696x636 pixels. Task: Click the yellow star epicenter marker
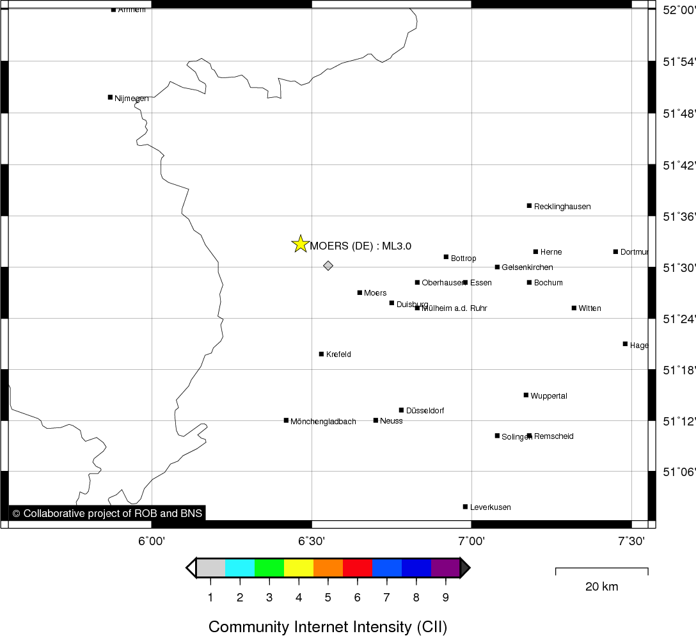pos(300,244)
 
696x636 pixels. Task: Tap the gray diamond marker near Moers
pos(328,266)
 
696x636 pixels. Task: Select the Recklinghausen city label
pos(562,207)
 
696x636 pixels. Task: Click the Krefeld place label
pos(338,354)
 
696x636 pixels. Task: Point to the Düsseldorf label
pos(425,411)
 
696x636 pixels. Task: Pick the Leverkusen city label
pos(490,507)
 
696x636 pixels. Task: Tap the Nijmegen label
pos(132,99)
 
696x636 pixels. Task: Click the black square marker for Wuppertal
pos(526,395)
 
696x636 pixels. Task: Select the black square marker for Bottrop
pos(446,257)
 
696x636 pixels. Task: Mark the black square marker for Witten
pos(574,308)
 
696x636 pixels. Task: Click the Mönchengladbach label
pos(323,422)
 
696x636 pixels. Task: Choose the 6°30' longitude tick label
pos(312,541)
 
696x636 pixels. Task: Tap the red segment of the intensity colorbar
pos(358,568)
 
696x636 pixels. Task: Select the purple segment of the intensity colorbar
pos(445,568)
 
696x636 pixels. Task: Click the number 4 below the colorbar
pos(299,598)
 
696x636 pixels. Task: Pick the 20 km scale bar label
pos(601,587)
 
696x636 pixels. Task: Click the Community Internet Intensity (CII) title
pos(328,626)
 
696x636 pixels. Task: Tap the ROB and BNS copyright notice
pos(107,513)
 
